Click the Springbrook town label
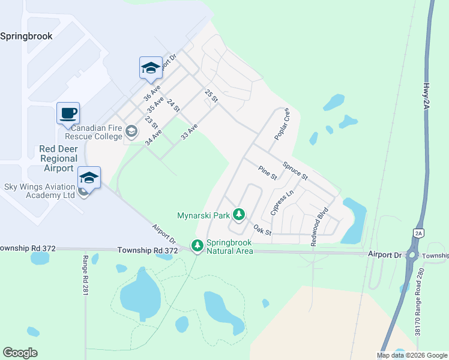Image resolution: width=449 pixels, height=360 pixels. [x=26, y=36]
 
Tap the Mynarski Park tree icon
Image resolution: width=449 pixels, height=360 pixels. [x=239, y=214]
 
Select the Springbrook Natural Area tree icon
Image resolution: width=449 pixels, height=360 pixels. [x=197, y=245]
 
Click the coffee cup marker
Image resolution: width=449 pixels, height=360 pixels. [x=68, y=113]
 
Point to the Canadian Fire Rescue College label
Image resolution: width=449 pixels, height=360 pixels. [x=96, y=132]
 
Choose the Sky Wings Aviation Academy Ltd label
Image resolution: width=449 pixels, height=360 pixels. [x=40, y=191]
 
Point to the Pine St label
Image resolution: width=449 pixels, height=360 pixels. [x=267, y=173]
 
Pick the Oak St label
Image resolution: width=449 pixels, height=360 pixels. [x=262, y=230]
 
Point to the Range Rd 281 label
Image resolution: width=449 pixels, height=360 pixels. [x=85, y=275]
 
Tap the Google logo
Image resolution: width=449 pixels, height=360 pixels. [x=20, y=353]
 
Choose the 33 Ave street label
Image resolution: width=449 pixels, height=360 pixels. [x=189, y=133]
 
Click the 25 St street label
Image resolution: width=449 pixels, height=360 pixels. [x=210, y=95]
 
